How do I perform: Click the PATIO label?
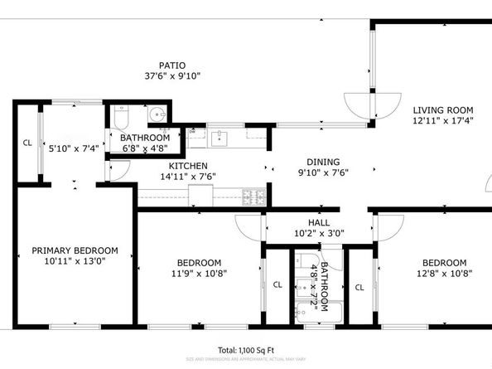click(172, 65)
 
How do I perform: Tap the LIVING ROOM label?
click(442, 109)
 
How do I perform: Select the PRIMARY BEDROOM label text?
click(75, 250)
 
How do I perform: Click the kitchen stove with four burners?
click(253, 197)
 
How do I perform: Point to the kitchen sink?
click(219, 136)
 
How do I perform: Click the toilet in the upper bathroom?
click(123, 114)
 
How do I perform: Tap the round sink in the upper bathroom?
click(158, 114)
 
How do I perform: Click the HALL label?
click(318, 223)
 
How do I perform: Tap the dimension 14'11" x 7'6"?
click(188, 176)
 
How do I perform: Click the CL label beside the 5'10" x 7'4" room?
click(27, 143)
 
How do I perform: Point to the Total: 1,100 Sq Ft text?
click(246, 350)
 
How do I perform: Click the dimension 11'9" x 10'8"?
click(198, 272)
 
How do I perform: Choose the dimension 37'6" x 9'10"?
click(172, 75)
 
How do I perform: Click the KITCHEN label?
click(188, 165)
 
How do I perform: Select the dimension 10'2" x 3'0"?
click(318, 234)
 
